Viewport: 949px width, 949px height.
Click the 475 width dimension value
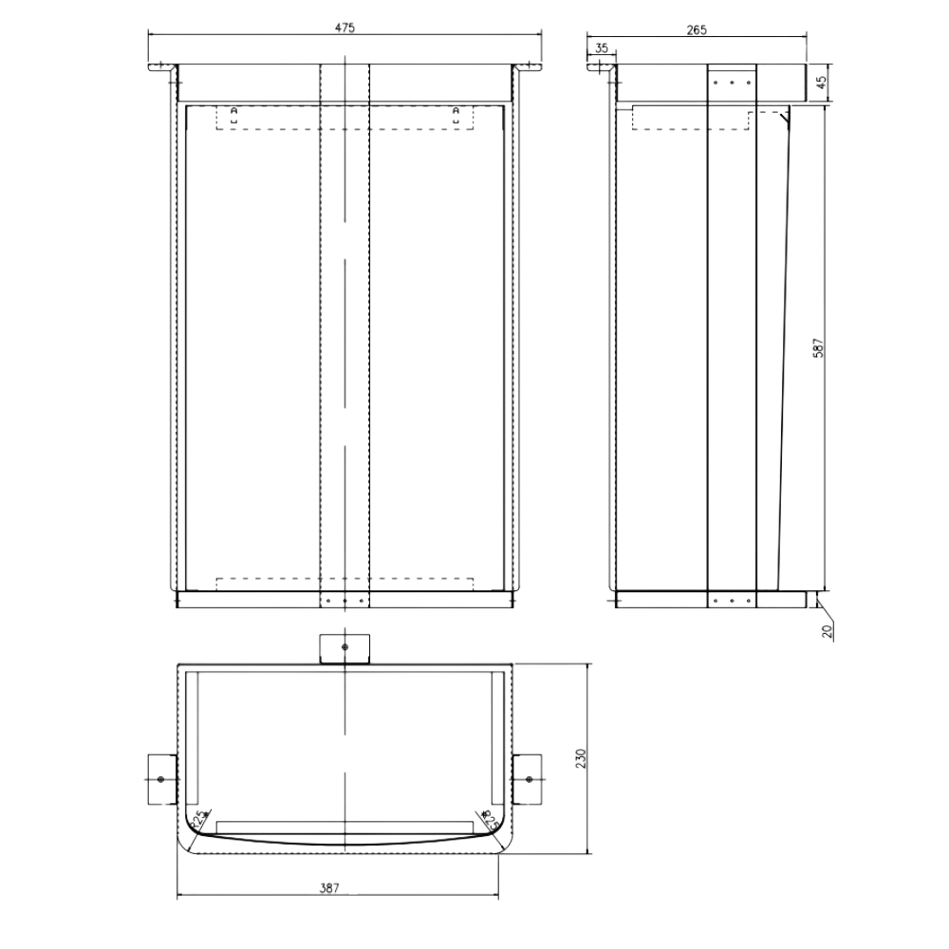click(x=344, y=29)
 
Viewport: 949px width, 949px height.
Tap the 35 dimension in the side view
click(x=602, y=47)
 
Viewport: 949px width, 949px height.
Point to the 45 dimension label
click(x=822, y=84)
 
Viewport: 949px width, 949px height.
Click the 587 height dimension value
click(x=818, y=348)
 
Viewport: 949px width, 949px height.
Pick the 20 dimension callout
click(x=827, y=631)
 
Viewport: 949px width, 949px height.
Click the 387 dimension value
click(x=329, y=888)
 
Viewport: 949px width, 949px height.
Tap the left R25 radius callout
click(x=201, y=818)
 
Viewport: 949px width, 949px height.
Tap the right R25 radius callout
click(x=488, y=816)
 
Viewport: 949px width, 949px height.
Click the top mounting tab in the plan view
click(x=344, y=647)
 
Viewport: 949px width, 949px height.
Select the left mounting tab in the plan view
click(x=159, y=779)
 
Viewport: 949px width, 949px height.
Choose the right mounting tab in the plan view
click(x=528, y=779)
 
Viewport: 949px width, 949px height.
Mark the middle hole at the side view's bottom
click(x=732, y=601)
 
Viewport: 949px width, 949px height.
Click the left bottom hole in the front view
click(x=328, y=601)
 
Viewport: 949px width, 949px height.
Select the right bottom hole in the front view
click(x=361, y=601)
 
